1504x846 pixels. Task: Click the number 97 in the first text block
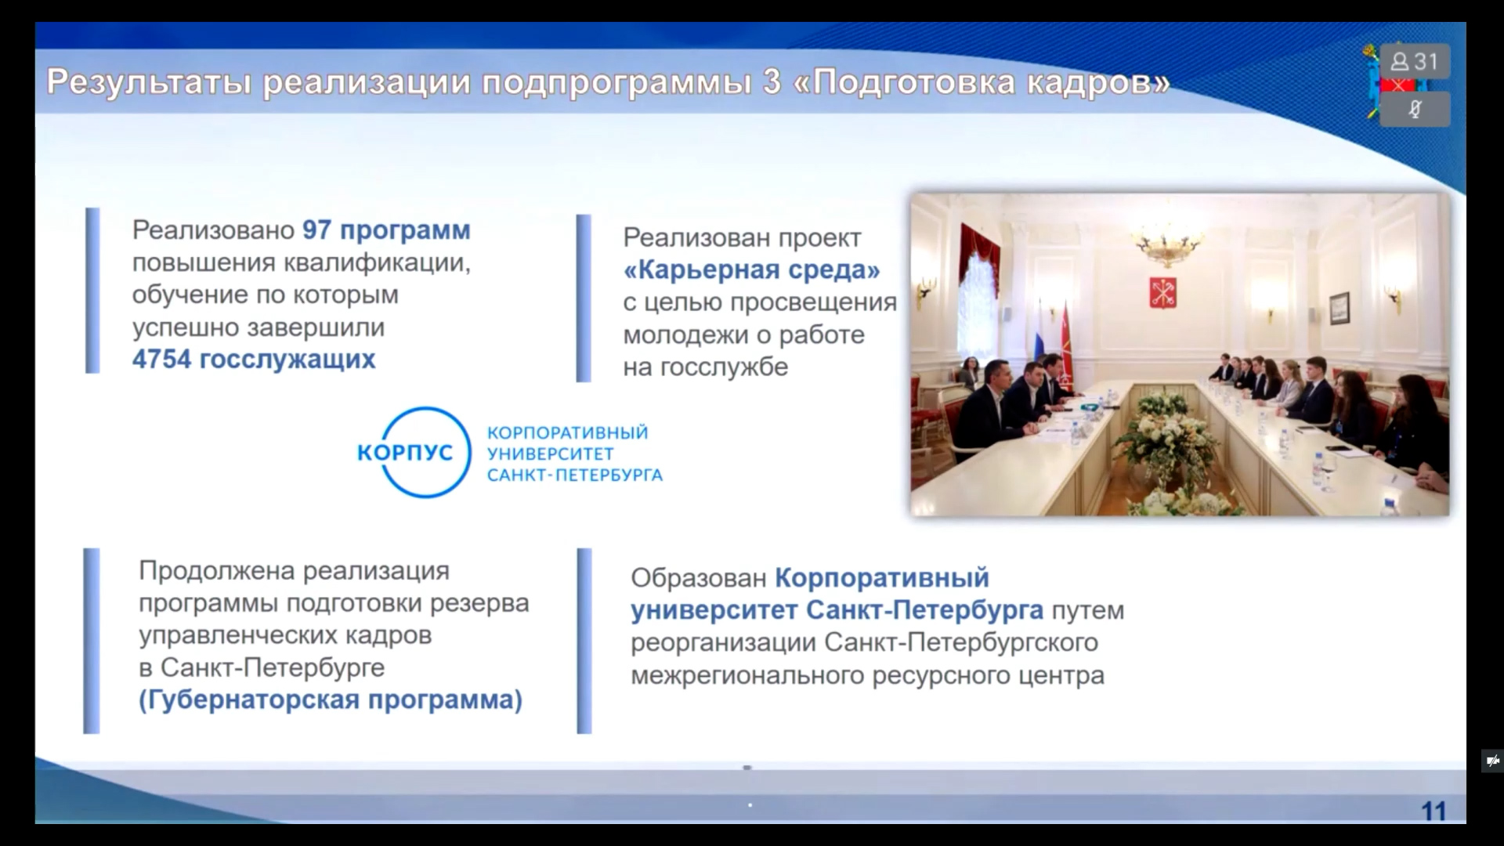point(316,230)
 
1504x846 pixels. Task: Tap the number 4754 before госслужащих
point(161,359)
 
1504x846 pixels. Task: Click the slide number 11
point(1433,811)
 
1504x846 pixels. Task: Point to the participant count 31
point(1426,61)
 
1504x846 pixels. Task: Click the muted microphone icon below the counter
point(1414,109)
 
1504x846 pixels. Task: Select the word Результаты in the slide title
point(149,82)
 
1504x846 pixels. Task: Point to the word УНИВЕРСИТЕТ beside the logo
point(550,454)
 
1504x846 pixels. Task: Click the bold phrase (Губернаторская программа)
point(331,700)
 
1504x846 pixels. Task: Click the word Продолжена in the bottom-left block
point(217,572)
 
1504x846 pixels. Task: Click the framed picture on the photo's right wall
point(1339,310)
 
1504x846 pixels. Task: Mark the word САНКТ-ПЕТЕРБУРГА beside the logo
point(575,475)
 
